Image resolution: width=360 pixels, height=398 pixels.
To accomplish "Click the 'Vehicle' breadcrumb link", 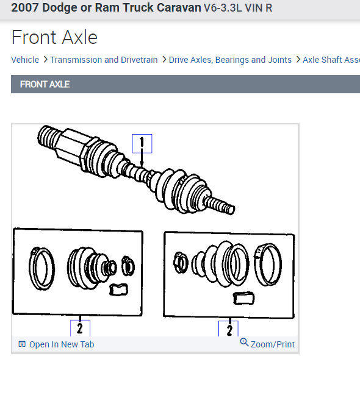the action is (x=25, y=60).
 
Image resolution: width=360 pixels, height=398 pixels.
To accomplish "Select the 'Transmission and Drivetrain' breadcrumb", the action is (x=104, y=60).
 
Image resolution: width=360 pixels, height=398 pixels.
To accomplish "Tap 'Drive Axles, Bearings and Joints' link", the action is (x=230, y=60).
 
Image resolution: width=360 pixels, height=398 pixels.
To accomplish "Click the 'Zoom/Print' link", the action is (x=273, y=344).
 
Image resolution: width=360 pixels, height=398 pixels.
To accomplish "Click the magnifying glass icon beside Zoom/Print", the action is (x=244, y=342).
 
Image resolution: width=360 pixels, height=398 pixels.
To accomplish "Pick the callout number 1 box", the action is (x=142, y=144).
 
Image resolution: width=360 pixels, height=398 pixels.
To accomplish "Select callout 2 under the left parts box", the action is (x=80, y=328).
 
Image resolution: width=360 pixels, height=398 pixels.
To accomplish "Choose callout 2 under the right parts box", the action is (x=228, y=329).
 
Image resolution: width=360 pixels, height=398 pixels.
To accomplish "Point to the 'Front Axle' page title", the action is (x=54, y=38).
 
